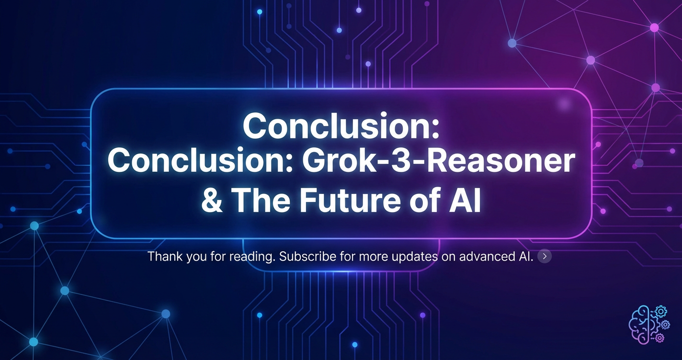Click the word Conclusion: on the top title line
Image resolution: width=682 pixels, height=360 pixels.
click(341, 126)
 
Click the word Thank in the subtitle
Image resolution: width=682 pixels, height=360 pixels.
click(165, 256)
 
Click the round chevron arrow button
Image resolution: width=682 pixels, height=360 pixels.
click(545, 256)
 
